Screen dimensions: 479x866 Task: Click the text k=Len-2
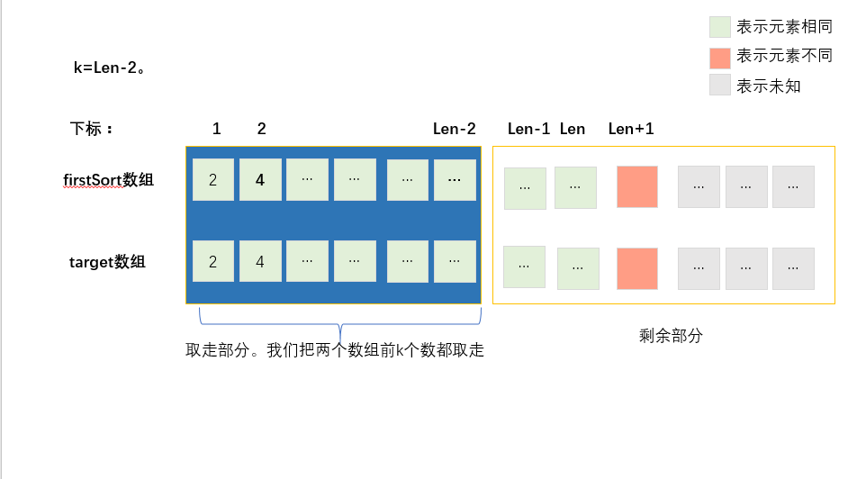point(109,68)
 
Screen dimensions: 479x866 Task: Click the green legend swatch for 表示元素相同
point(719,27)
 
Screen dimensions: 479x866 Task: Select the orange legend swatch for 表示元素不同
point(719,58)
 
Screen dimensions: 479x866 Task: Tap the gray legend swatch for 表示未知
point(719,86)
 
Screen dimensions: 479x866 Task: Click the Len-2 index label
point(454,129)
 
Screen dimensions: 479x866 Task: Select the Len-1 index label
point(528,129)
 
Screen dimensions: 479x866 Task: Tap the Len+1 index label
point(631,129)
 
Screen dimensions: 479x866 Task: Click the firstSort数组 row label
point(108,180)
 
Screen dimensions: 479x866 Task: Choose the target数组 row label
point(107,262)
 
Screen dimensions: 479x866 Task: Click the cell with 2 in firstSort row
point(213,180)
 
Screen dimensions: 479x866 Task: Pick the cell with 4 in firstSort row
point(260,180)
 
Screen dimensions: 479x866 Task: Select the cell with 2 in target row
point(213,261)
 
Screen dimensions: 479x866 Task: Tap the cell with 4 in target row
point(260,261)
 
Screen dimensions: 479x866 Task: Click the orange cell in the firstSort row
point(637,187)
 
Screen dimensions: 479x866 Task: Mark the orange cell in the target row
point(637,268)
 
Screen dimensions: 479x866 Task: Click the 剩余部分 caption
point(671,336)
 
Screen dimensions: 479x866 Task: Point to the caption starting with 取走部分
point(335,350)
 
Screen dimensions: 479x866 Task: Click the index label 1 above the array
point(217,129)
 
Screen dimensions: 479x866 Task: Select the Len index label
point(573,129)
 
